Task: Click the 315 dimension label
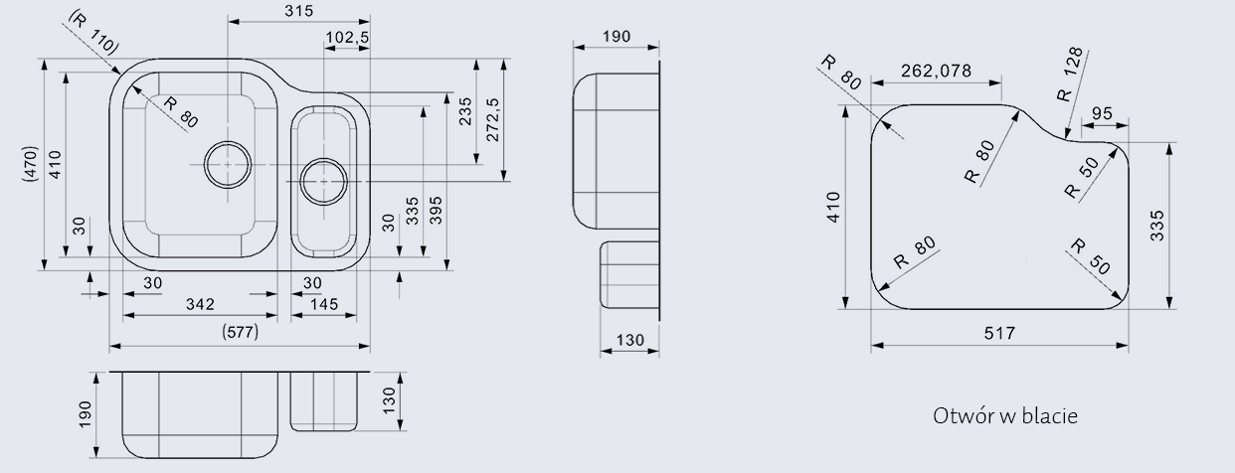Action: coord(297,11)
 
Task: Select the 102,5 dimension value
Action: coord(347,38)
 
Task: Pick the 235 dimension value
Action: coord(464,114)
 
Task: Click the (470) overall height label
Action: coord(31,164)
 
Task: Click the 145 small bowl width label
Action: coord(324,304)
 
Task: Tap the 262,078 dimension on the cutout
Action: coord(936,71)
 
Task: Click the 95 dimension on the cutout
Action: coord(1102,113)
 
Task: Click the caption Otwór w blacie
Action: coord(1005,415)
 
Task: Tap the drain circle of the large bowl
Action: coord(228,162)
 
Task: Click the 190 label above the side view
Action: coord(617,37)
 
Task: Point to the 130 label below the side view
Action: coord(629,341)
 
